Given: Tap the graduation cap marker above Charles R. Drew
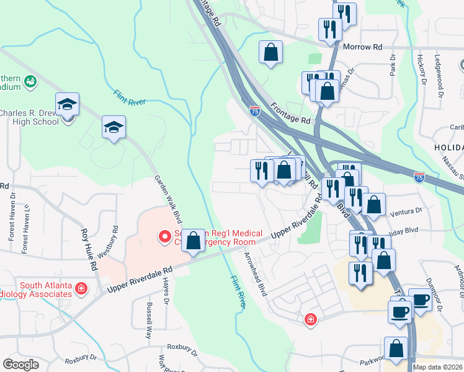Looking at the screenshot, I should pyautogui.click(x=67, y=104).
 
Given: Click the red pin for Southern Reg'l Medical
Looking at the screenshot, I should pyautogui.click(x=165, y=236).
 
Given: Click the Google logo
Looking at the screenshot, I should pyautogui.click(x=20, y=365).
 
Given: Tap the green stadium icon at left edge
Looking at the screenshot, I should pyautogui.click(x=29, y=81).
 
